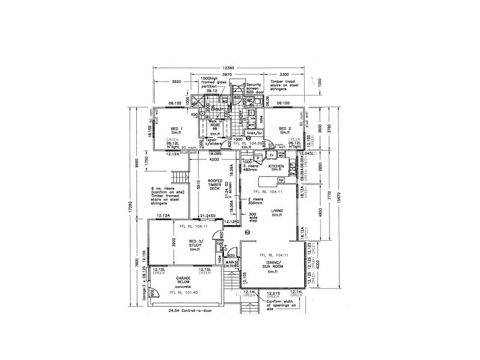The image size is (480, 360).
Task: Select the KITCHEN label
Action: coord(276,166)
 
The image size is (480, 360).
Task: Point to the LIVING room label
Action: coord(277,212)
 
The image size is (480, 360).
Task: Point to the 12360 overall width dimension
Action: coord(227,68)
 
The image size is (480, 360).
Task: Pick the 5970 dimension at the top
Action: coord(227,74)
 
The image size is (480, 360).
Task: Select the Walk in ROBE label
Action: coord(215,124)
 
